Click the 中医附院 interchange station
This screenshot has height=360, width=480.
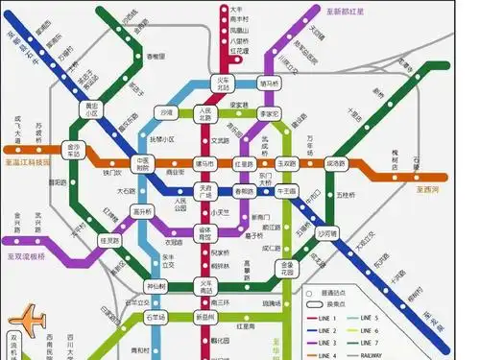[x=145, y=164]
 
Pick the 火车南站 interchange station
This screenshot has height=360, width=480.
[x=204, y=285]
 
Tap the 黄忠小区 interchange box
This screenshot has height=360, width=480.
[x=92, y=108]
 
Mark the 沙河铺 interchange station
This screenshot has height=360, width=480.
[x=326, y=233]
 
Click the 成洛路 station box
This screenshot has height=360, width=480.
[x=335, y=164]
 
